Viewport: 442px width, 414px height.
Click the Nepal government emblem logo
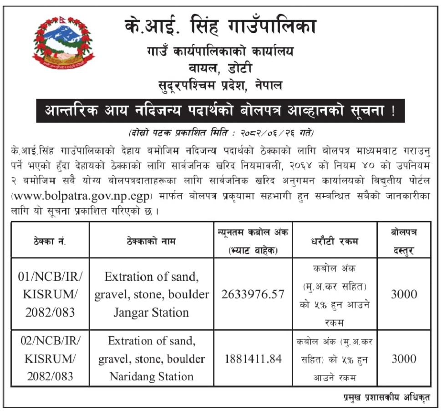[63, 43]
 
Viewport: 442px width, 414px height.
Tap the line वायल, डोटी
[220, 68]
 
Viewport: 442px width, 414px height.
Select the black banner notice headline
[220, 111]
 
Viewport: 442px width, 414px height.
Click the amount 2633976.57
[253, 294]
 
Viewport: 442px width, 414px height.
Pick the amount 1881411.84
[253, 359]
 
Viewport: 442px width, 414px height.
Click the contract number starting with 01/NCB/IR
[50, 294]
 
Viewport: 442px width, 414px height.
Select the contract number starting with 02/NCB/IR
[50, 358]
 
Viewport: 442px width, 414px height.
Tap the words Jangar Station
[152, 313]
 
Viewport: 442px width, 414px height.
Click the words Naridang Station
[152, 377]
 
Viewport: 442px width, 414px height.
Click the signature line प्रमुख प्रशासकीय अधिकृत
[386, 397]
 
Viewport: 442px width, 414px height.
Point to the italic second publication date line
[220, 133]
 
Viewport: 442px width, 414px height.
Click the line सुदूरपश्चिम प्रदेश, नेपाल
[220, 85]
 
